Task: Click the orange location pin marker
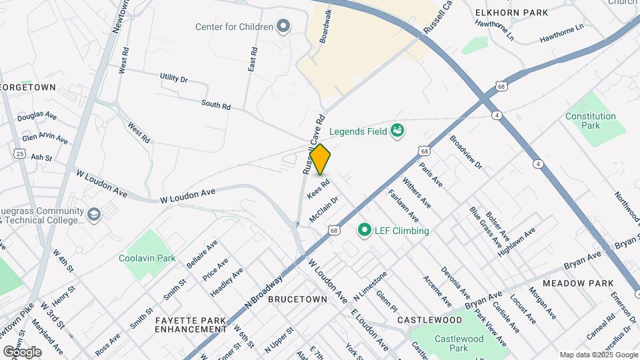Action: pyautogui.click(x=320, y=159)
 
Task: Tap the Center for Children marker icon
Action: pyautogui.click(x=283, y=27)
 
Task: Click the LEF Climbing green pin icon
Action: pyautogui.click(x=365, y=231)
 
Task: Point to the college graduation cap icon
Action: pyautogui.click(x=94, y=215)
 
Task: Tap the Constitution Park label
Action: pyautogui.click(x=590, y=121)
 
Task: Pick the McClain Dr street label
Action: pyautogui.click(x=324, y=209)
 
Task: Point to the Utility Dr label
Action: pyautogui.click(x=173, y=78)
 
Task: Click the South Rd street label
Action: pyautogui.click(x=215, y=105)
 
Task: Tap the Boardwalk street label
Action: pyautogui.click(x=325, y=27)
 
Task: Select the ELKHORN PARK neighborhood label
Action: pyautogui.click(x=511, y=13)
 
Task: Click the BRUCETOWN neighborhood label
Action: pyautogui.click(x=297, y=300)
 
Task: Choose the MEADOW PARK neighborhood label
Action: pyautogui.click(x=577, y=283)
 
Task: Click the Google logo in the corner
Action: pyautogui.click(x=22, y=351)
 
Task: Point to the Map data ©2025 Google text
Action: pyautogui.click(x=598, y=355)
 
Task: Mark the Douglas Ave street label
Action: pyautogui.click(x=37, y=116)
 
